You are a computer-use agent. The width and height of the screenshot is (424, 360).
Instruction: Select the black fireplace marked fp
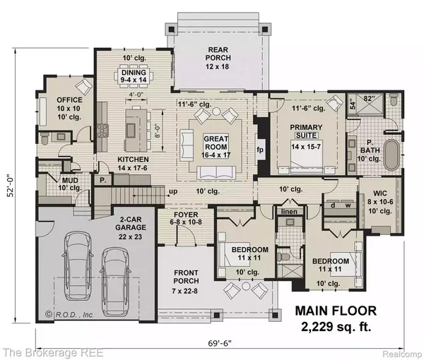click(x=259, y=149)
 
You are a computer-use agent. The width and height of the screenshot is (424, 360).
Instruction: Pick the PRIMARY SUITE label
click(x=306, y=131)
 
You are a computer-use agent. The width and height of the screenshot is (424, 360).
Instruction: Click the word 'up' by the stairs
click(x=171, y=191)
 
